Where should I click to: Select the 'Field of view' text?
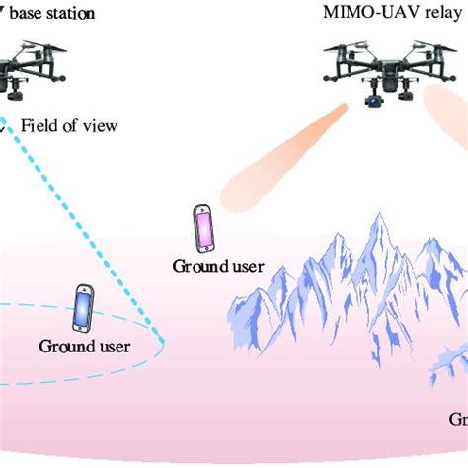(69, 125)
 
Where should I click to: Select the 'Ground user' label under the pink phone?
(211, 265)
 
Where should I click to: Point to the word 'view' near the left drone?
(100, 125)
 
